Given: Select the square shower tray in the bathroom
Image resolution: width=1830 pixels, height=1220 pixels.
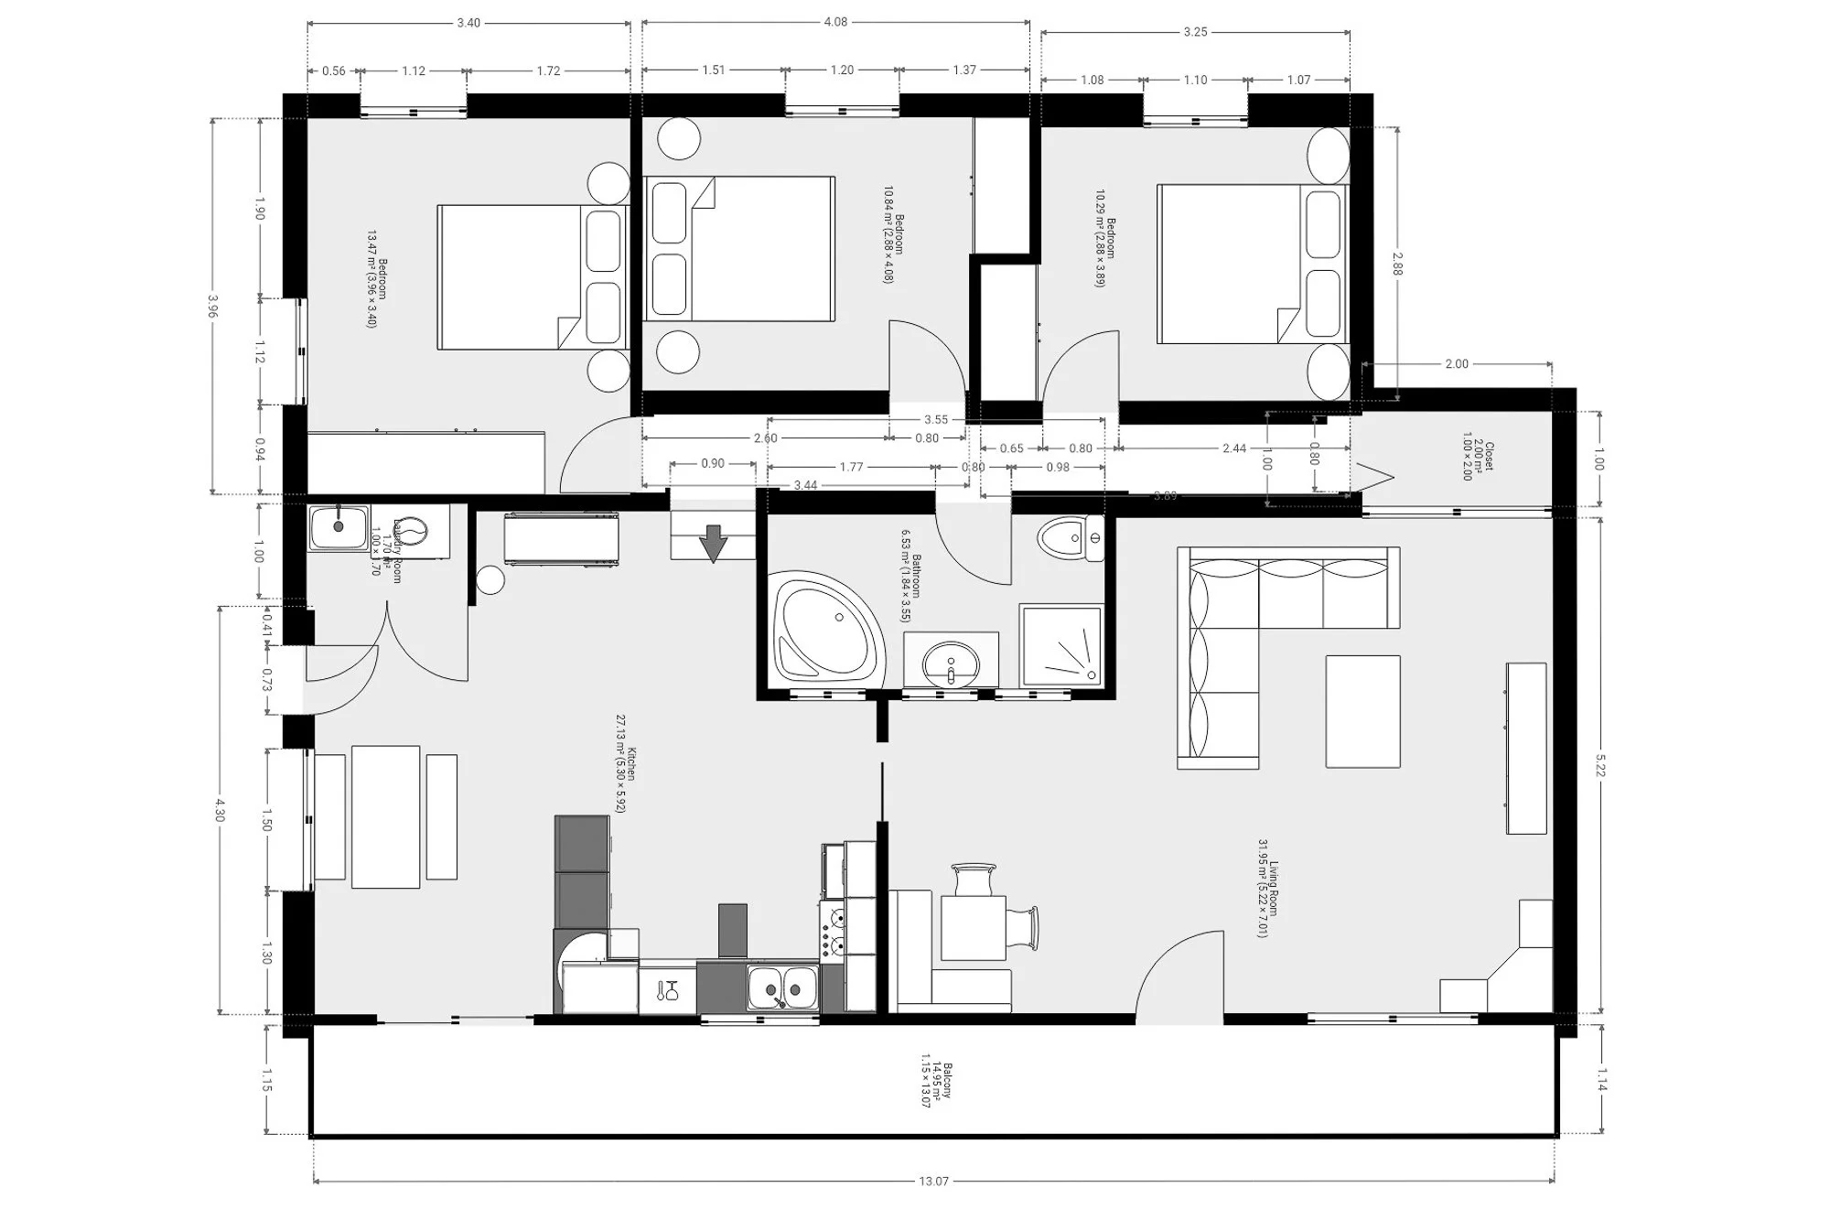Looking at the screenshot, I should pyautogui.click(x=1061, y=644).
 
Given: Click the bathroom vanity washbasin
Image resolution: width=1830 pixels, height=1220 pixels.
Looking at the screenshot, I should pyautogui.click(x=951, y=661).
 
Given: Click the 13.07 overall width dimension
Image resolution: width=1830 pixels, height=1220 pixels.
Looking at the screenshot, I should pyautogui.click(x=932, y=1182).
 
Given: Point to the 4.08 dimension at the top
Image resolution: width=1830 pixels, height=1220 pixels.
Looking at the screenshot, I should pyautogui.click(x=835, y=22).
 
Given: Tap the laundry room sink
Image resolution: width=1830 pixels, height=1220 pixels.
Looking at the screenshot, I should pyautogui.click(x=339, y=528).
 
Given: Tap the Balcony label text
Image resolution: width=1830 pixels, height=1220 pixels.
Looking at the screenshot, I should pyautogui.click(x=938, y=1085).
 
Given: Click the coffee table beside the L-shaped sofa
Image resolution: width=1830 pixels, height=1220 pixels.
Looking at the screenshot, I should pyautogui.click(x=1362, y=711).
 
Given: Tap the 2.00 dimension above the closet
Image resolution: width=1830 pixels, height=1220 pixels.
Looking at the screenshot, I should pyautogui.click(x=1456, y=364).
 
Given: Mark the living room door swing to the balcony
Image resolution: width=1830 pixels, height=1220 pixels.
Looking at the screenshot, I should pyautogui.click(x=1180, y=975).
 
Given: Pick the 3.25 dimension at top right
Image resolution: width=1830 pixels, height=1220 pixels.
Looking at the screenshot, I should pyautogui.click(x=1195, y=32).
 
